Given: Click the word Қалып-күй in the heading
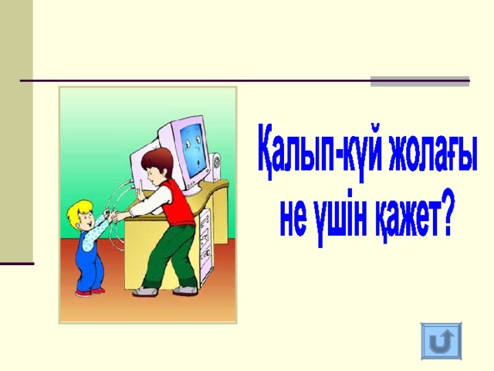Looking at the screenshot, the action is click(x=319, y=153).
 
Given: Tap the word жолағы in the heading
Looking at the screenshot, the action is click(x=432, y=153).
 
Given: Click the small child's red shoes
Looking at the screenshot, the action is click(x=90, y=292).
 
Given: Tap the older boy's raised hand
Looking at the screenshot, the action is click(x=140, y=191).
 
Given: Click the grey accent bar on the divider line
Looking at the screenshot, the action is click(x=420, y=81).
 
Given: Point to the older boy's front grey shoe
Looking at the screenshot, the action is click(x=144, y=292).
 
